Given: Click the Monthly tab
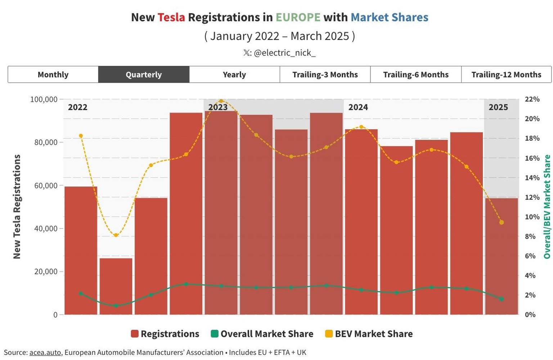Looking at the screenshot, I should (x=53, y=75).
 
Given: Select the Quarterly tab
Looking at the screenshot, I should (x=144, y=75).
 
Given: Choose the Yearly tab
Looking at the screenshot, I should (x=234, y=75).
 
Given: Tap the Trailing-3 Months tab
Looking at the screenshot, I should (x=325, y=75).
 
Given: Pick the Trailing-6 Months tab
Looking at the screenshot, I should (x=416, y=75).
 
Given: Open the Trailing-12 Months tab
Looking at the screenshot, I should (x=506, y=75).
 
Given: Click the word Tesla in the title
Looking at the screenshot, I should (x=171, y=17).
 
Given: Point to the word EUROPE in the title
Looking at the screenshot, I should (x=298, y=17).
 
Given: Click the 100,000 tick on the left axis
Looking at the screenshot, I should (x=44, y=99).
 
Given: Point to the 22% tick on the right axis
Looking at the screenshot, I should (x=532, y=99).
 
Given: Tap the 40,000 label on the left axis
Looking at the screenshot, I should (x=46, y=229).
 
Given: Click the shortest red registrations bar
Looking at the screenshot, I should (x=116, y=286).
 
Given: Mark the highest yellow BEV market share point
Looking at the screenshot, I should (x=221, y=101).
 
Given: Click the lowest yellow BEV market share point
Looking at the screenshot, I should (x=116, y=235).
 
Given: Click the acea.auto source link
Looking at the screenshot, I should (x=45, y=352).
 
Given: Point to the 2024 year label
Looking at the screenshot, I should (x=358, y=107).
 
